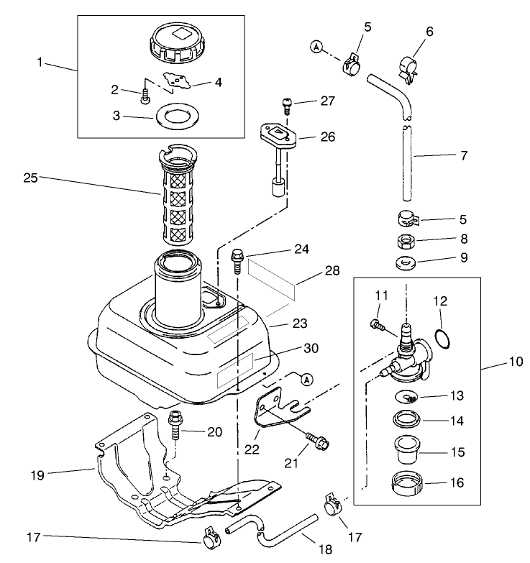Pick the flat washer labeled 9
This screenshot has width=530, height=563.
(x=406, y=263)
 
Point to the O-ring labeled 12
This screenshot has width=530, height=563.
(x=442, y=339)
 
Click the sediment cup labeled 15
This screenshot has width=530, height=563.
(x=407, y=449)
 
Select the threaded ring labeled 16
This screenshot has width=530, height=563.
(x=407, y=484)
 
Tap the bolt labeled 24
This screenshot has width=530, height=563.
(x=237, y=262)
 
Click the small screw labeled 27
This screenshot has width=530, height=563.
(x=286, y=106)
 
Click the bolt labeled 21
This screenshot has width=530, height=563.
(x=317, y=441)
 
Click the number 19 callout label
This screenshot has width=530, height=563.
(x=37, y=475)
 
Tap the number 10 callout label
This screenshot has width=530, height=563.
(x=516, y=362)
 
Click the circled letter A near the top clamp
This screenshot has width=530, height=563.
(x=316, y=47)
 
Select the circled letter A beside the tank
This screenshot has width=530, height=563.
(x=307, y=379)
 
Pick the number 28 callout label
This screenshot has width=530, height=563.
(x=332, y=270)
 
